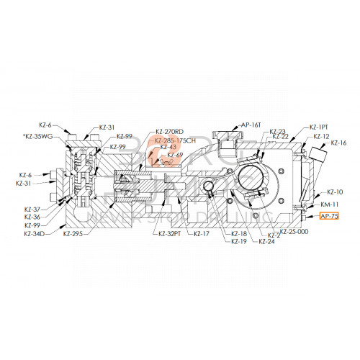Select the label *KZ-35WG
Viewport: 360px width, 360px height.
37,135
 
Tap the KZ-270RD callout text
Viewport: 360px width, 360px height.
169,131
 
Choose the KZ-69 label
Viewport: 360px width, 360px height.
175,155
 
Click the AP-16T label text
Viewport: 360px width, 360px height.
251,124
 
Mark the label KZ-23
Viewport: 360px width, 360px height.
277,131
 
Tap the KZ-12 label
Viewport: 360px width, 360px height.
322,136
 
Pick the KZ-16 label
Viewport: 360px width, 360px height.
338,143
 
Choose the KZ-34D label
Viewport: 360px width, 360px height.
34,234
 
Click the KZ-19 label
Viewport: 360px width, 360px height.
239,241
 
